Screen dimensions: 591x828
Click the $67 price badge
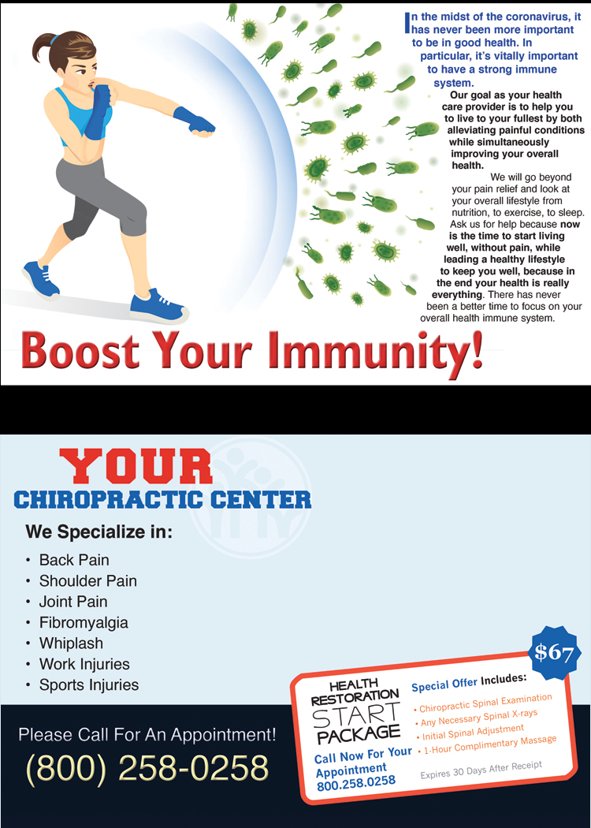tap(554, 653)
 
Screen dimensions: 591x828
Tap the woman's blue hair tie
tap(54, 39)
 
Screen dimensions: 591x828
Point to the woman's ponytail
tap(43, 47)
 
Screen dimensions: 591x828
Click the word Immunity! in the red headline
tap(375, 352)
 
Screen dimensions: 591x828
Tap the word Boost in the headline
tap(80, 351)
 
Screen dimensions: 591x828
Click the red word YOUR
tap(136, 466)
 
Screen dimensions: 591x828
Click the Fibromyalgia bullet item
tap(84, 623)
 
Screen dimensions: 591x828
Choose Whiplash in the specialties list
tap(71, 643)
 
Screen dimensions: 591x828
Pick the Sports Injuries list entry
tap(88, 685)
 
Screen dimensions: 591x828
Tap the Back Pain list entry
tap(74, 560)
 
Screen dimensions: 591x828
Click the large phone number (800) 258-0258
tap(147, 767)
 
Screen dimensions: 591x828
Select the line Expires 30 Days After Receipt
tap(481, 770)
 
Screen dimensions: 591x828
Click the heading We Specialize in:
tap(99, 531)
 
